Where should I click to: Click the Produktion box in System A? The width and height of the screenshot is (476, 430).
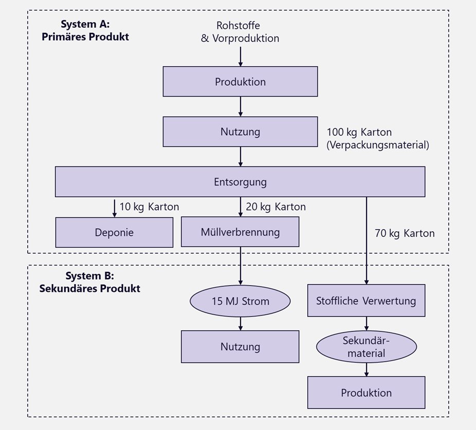tap(240, 82)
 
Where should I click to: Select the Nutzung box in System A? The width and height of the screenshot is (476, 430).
tap(240, 132)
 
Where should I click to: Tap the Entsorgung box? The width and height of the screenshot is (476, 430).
tap(240, 182)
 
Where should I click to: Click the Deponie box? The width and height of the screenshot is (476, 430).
tap(114, 232)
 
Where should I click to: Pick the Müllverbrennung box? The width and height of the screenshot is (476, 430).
tap(240, 232)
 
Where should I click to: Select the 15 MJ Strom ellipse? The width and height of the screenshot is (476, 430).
tap(240, 301)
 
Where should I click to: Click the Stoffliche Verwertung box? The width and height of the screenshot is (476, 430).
tap(366, 301)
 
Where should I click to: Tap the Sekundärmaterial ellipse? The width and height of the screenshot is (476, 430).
tap(366, 347)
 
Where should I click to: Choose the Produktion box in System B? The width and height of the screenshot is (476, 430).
tap(366, 392)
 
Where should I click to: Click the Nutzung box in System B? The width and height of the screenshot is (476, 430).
tap(240, 347)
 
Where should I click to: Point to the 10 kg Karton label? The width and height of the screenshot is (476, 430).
tap(149, 207)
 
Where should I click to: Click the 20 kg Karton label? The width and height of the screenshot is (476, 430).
tap(276, 207)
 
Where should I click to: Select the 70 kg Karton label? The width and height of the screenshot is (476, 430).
tap(405, 233)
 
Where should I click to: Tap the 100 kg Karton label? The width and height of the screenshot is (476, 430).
tap(377, 139)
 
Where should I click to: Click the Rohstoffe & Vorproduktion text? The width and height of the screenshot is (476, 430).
tap(240, 32)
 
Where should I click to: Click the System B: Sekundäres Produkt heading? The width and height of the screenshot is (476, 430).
tap(89, 282)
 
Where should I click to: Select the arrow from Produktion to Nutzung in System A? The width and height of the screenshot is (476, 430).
tap(240, 106)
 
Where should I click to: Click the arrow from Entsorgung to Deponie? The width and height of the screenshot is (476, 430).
tap(114, 208)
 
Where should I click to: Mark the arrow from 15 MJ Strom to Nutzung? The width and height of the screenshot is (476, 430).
tap(240, 324)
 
